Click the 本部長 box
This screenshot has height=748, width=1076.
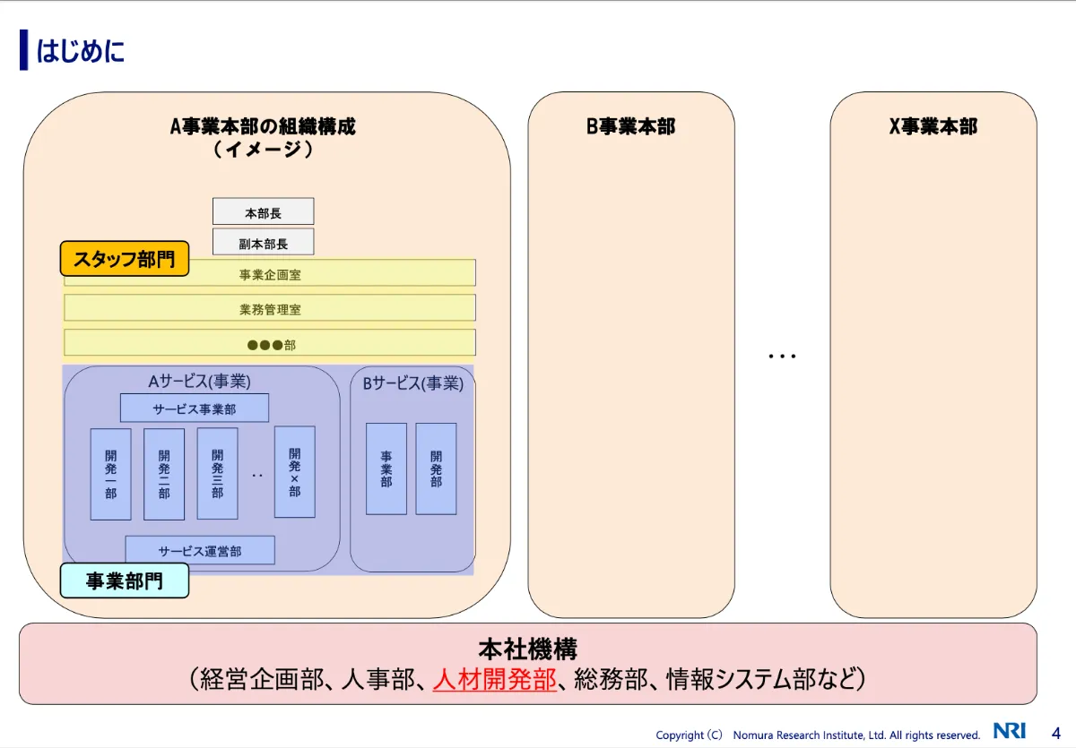pos(263,211)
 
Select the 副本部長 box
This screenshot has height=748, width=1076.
pos(263,242)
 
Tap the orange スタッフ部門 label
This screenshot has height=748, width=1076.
pos(125,260)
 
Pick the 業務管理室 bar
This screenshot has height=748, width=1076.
pos(270,308)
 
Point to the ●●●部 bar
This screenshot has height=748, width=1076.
pos(270,343)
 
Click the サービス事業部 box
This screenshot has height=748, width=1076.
pos(195,408)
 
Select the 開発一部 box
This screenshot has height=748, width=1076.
pos(110,474)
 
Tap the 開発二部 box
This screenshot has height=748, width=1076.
pos(164,474)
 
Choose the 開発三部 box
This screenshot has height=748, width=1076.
pos(217,474)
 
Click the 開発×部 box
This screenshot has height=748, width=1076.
pos(294,471)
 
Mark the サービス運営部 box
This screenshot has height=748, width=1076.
pos(199,550)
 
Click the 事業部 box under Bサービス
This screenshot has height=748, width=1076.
pos(386,469)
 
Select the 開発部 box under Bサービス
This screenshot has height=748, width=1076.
pos(436,469)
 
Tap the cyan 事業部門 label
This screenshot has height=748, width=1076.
pos(124,580)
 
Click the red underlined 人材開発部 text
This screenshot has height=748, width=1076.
pos(494,678)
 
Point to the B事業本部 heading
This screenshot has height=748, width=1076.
pos(630,126)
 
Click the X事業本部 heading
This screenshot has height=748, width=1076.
pos(933,126)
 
